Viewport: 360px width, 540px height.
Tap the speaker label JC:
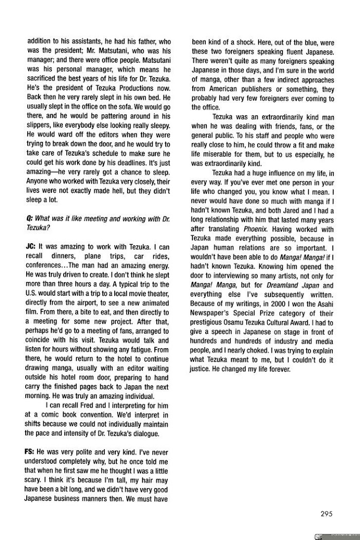pos(30,246)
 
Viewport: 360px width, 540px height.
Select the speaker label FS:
pos(30,451)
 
